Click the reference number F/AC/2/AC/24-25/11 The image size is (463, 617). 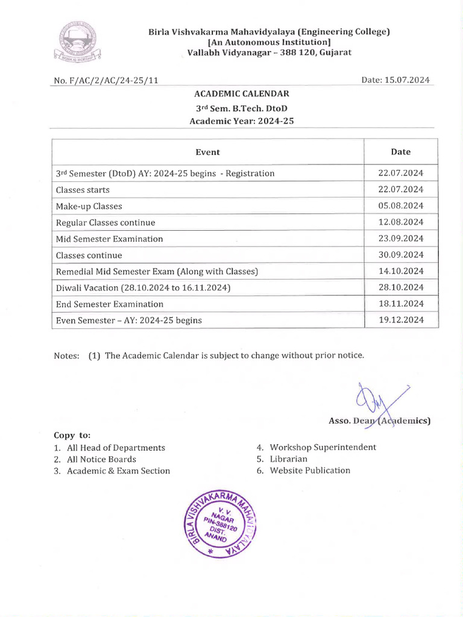[x=106, y=80]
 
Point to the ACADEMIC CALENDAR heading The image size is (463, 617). [x=241, y=93]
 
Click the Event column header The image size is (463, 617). [x=207, y=152]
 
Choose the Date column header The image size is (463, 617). [x=400, y=152]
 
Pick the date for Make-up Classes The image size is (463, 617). [x=400, y=205]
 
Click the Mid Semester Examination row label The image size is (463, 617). [x=109, y=239]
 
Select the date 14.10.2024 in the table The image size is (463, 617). [x=400, y=271]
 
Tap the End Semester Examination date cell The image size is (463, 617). [x=400, y=304]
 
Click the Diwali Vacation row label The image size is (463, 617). [x=143, y=287]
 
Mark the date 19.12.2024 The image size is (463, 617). [x=400, y=320]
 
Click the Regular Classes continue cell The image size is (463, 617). [x=106, y=222]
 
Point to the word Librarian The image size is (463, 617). [x=288, y=459]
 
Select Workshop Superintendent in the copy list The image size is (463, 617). [x=323, y=447]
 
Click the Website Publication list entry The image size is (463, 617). [x=310, y=471]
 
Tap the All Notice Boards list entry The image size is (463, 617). [x=101, y=459]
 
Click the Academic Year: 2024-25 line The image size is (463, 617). [x=242, y=121]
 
